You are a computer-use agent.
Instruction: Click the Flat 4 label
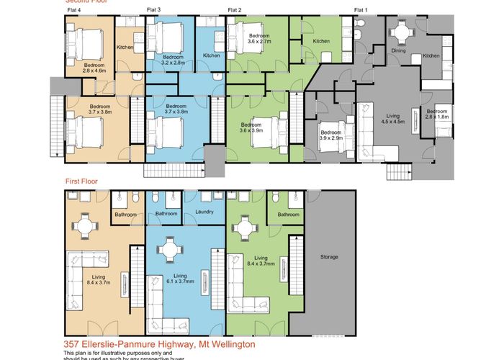pyautogui.click(x=74, y=10)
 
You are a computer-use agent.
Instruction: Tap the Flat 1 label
pyautogui.click(x=361, y=10)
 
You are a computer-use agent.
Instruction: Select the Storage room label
pyautogui.click(x=329, y=257)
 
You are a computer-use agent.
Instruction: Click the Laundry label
pyautogui.click(x=205, y=213)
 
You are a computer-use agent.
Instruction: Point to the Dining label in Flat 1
pyautogui.click(x=398, y=51)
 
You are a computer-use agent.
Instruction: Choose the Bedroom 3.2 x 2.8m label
pyautogui.click(x=174, y=60)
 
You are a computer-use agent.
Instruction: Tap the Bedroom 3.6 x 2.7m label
pyautogui.click(x=260, y=39)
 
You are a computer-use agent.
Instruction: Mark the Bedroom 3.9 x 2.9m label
pyautogui.click(x=330, y=136)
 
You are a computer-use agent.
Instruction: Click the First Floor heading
pyautogui.click(x=81, y=182)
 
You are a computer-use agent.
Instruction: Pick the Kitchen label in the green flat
pyautogui.click(x=321, y=41)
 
